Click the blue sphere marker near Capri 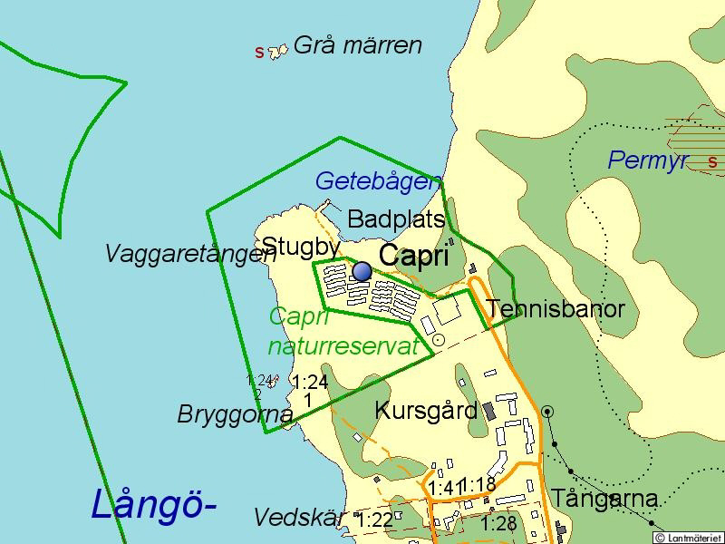pos(362,271)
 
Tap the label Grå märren pos(358,45)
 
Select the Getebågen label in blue pos(378,181)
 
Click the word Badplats pos(396,219)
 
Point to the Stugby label pos(301,246)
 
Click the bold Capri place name pos(413,256)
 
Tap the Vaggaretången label pos(190,254)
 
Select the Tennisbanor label pos(556,309)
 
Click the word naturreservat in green pos(343,346)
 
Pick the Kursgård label pos(426,411)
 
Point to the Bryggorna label pos(235,414)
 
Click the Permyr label pos(648,161)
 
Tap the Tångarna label pos(604,500)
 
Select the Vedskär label pos(300,518)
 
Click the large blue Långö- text pos(153,504)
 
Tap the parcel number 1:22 pos(374,520)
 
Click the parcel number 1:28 pos(498,524)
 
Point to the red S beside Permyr pos(712,162)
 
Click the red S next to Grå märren pos(260,53)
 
